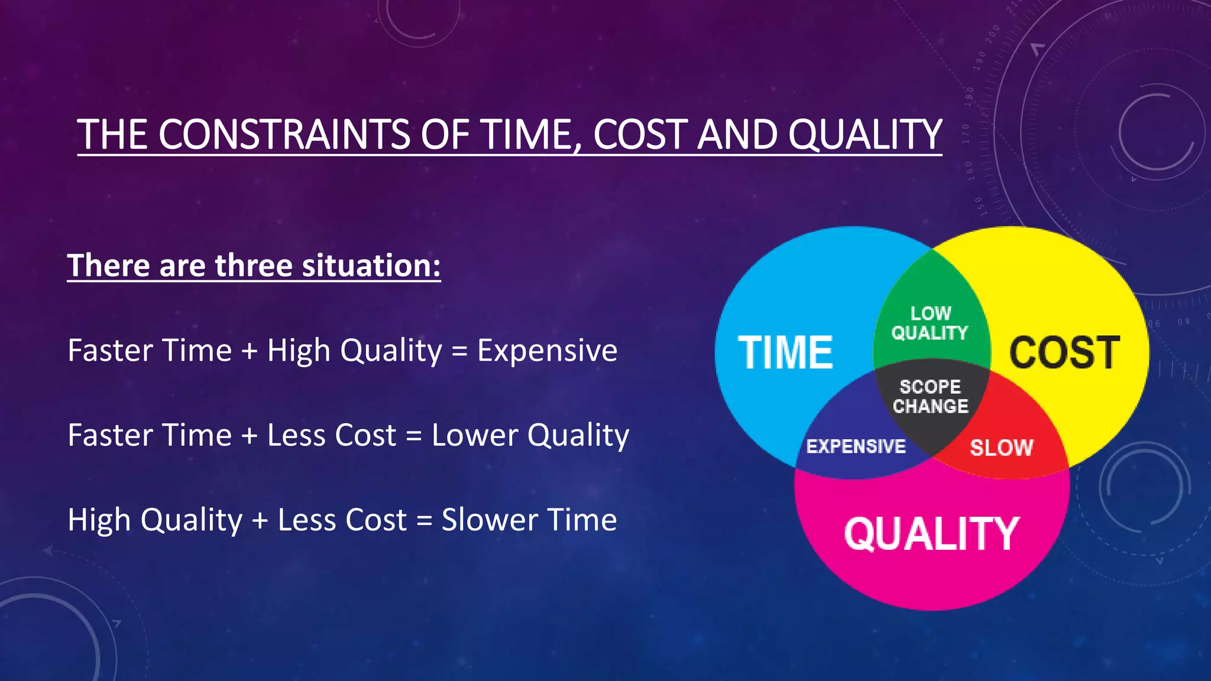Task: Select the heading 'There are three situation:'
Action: tap(254, 265)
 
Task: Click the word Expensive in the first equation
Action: tap(547, 351)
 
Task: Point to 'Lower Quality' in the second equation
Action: tap(530, 436)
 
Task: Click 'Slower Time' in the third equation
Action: tap(529, 520)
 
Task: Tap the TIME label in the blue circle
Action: tap(785, 353)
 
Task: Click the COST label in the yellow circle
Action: tap(1064, 353)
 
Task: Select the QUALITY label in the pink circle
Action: tap(931, 534)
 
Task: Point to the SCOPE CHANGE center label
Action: tap(930, 397)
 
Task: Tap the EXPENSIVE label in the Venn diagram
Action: tap(856, 446)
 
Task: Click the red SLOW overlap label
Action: tap(1001, 447)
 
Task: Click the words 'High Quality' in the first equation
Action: tap(354, 351)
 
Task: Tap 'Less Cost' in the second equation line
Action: tap(331, 436)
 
